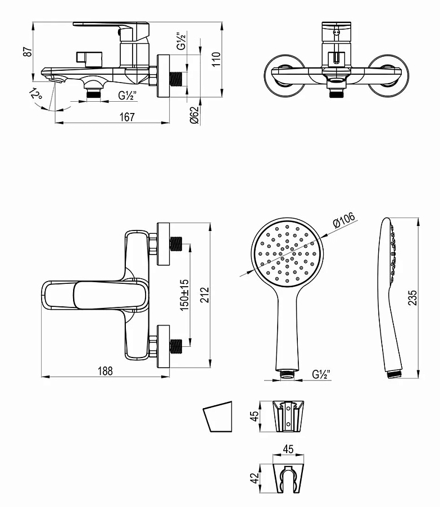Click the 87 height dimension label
click(28, 51)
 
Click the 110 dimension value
click(216, 59)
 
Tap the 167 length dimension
click(127, 117)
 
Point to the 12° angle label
click(36, 94)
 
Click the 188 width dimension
click(106, 370)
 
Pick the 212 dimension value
click(205, 295)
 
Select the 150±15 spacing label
click(184, 295)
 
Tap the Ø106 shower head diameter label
click(344, 220)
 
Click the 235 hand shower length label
click(412, 298)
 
